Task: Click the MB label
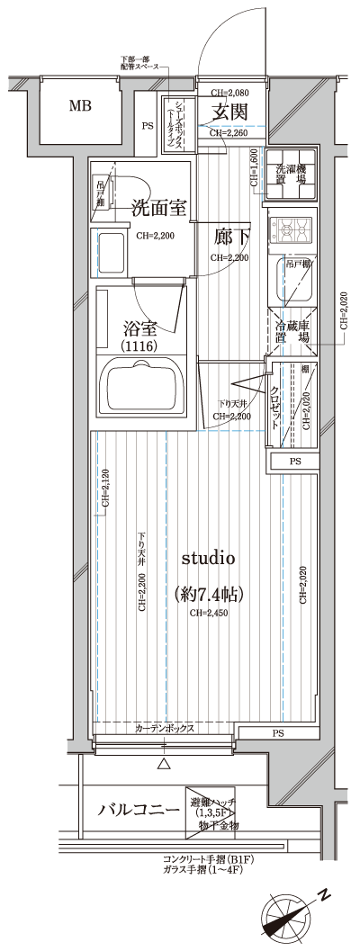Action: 82,107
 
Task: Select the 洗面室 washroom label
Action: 158,208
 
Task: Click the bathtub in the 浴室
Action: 145,386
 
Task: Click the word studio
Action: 209,559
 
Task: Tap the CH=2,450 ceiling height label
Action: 209,615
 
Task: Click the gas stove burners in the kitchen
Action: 292,230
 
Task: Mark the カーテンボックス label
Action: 166,729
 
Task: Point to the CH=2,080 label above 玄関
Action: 229,93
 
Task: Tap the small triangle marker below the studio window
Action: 164,765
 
